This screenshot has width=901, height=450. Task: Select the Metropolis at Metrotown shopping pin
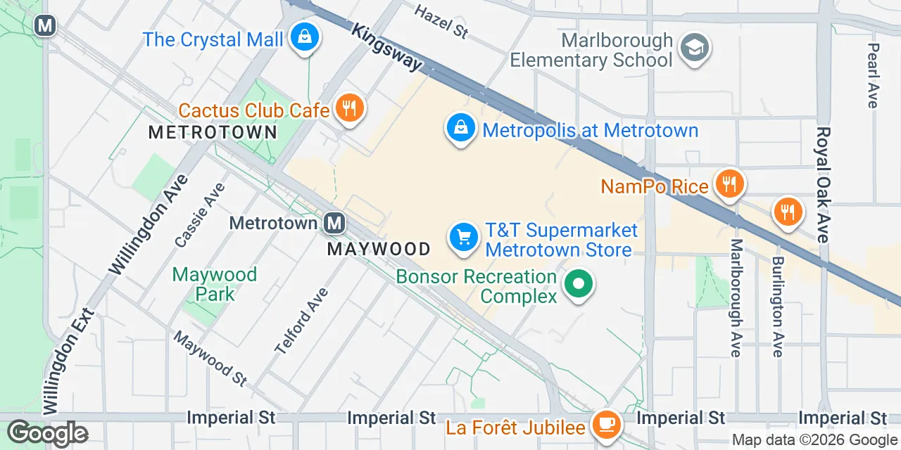[460, 129]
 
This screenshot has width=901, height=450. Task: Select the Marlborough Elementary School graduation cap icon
[695, 48]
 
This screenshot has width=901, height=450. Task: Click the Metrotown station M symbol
[334, 224]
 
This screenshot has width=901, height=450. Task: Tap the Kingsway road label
[386, 48]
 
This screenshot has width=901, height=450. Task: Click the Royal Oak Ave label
[823, 185]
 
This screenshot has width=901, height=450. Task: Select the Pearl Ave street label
[874, 75]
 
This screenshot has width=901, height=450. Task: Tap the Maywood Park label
[215, 283]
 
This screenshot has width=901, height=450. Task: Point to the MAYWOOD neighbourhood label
[379, 249]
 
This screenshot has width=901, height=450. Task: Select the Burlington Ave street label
[777, 307]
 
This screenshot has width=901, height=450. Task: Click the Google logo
[48, 432]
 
